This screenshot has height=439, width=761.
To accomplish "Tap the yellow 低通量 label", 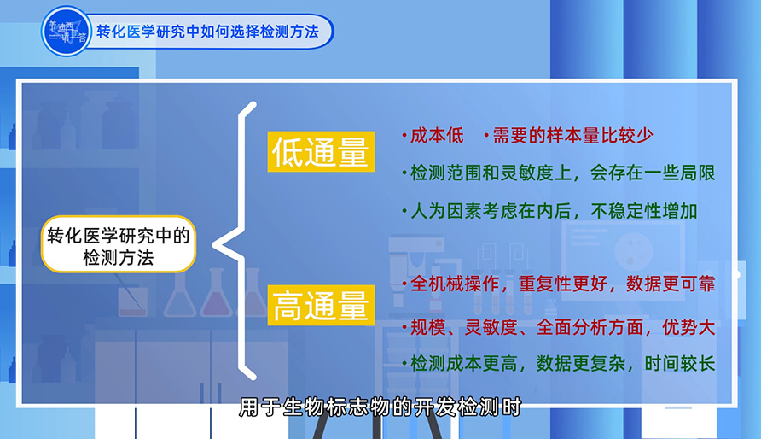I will (x=320, y=153).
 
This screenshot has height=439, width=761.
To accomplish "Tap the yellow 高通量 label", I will (x=320, y=306).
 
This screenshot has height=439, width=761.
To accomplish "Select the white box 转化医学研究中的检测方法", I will (x=119, y=243).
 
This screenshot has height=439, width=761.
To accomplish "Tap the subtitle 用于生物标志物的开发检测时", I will (x=380, y=407).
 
